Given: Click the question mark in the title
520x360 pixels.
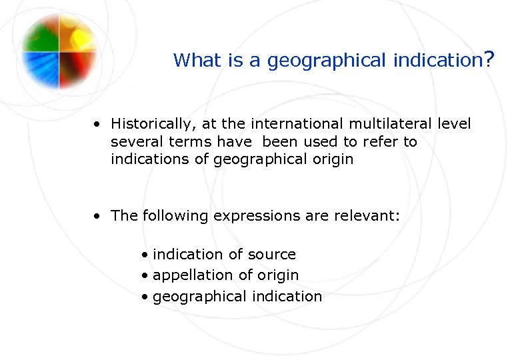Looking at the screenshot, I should pos(489,60).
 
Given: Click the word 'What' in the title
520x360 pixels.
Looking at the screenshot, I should pos(192,61).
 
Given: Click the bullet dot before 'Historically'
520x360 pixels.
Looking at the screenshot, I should pos(97,124).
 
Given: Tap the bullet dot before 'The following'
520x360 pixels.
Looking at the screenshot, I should pos(97,215).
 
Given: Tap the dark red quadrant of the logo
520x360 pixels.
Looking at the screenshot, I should pos(77,69).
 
